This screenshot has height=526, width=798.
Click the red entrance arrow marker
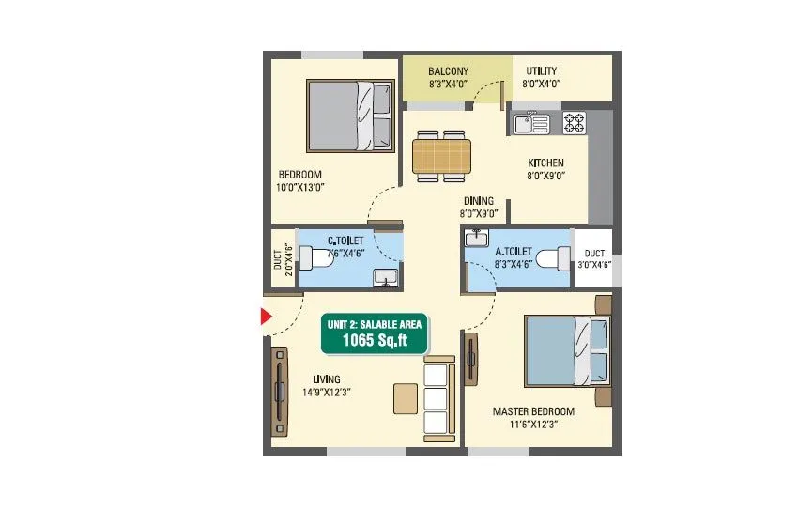[267, 319]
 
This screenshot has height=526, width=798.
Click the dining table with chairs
[440, 154]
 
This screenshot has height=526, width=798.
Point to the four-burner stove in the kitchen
[574, 122]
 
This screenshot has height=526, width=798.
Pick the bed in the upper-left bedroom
[351, 115]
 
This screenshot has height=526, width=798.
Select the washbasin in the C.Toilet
[385, 278]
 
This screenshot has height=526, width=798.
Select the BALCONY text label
[448, 71]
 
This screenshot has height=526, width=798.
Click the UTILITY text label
[541, 71]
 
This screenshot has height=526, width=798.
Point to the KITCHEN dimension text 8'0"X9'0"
[545, 176]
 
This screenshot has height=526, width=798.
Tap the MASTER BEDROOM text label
[533, 411]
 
